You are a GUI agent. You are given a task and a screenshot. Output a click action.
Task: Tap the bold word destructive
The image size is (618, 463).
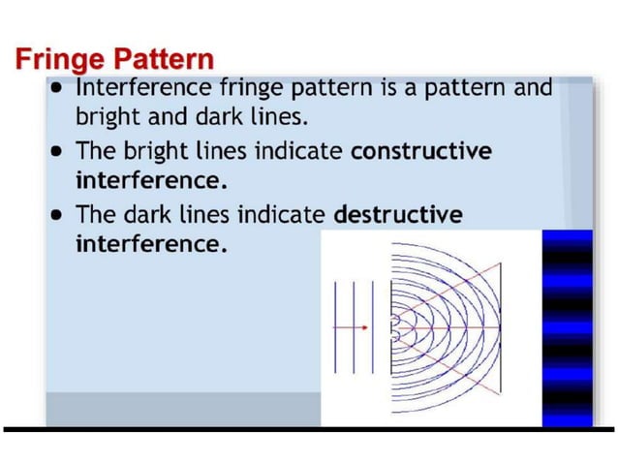tap(397, 213)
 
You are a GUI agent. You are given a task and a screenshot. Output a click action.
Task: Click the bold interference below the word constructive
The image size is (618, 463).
tap(144, 181)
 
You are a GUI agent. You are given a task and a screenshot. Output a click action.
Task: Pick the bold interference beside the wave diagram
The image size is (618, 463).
tap(150, 244)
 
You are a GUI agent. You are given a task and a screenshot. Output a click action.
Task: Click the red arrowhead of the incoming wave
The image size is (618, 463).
tap(364, 327)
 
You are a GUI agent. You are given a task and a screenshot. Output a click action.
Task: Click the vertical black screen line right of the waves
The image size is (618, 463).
tap(501, 327)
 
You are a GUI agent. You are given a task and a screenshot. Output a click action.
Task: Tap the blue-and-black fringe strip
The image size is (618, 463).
tap(567, 327)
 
